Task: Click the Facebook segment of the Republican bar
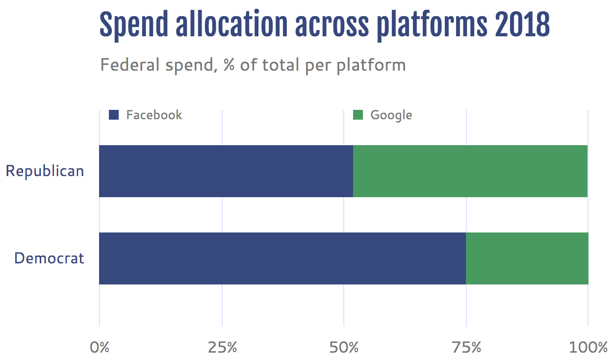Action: tap(226, 171)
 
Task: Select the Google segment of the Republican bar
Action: tap(470, 171)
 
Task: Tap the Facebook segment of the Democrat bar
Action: tap(282, 258)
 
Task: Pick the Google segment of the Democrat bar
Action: tap(527, 258)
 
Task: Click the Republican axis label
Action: tap(45, 171)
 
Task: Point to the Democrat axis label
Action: tap(49, 258)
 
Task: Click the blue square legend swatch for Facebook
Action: tap(114, 115)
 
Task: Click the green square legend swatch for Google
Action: tap(358, 115)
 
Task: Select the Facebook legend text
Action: tap(154, 115)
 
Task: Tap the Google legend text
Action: tap(391, 115)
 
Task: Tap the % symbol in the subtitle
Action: tap(229, 65)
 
